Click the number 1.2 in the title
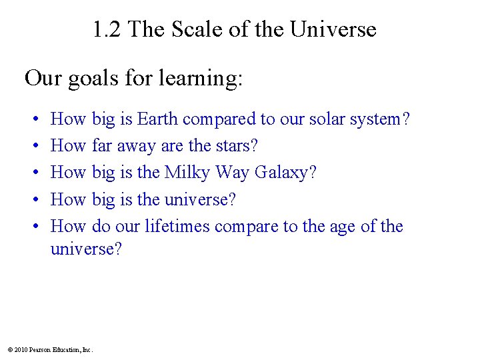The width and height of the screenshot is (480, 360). tap(107, 29)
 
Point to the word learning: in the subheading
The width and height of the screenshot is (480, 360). tap(200, 79)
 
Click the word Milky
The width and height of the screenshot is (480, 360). tap(187, 173)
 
